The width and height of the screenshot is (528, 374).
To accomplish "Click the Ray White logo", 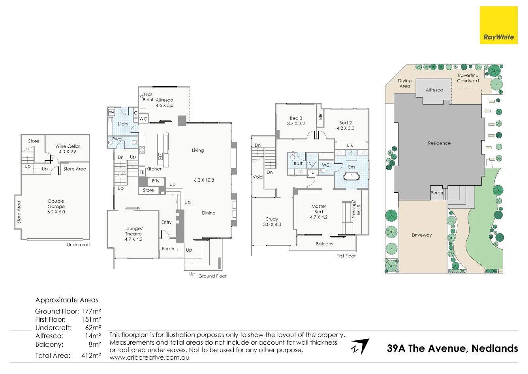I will tap(498, 25).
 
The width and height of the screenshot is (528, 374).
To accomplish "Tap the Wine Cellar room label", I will tap(68, 149).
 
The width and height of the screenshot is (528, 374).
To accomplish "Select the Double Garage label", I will tap(56, 206).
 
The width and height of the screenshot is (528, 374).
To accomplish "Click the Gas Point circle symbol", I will tap(141, 97).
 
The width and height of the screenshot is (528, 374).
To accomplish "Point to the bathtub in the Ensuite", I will tap(351, 177).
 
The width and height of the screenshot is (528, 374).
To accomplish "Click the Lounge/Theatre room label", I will tap(133, 234).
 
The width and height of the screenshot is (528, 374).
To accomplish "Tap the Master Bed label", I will tap(319, 212).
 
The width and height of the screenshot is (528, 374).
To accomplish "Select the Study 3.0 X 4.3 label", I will tap(272, 222).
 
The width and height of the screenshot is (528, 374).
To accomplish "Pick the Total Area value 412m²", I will tap(91, 355).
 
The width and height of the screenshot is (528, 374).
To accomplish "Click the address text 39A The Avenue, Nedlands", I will tap(452, 348).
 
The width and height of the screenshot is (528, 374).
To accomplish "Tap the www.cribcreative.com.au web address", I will tap(149, 357).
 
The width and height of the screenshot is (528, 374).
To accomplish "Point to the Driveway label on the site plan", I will tap(422, 235).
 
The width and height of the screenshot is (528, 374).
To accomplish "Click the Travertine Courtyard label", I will tap(468, 78).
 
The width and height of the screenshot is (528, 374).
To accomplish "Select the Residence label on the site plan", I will tap(439, 143).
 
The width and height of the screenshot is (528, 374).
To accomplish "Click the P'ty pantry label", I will tap(156, 181).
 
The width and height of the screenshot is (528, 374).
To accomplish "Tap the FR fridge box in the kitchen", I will tap(142, 173).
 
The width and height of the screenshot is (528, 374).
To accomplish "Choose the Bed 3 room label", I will tap(296, 121).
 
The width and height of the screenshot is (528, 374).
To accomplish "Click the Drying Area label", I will tap(405, 83).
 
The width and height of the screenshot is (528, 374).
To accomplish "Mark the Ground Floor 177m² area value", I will tap(91, 311).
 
